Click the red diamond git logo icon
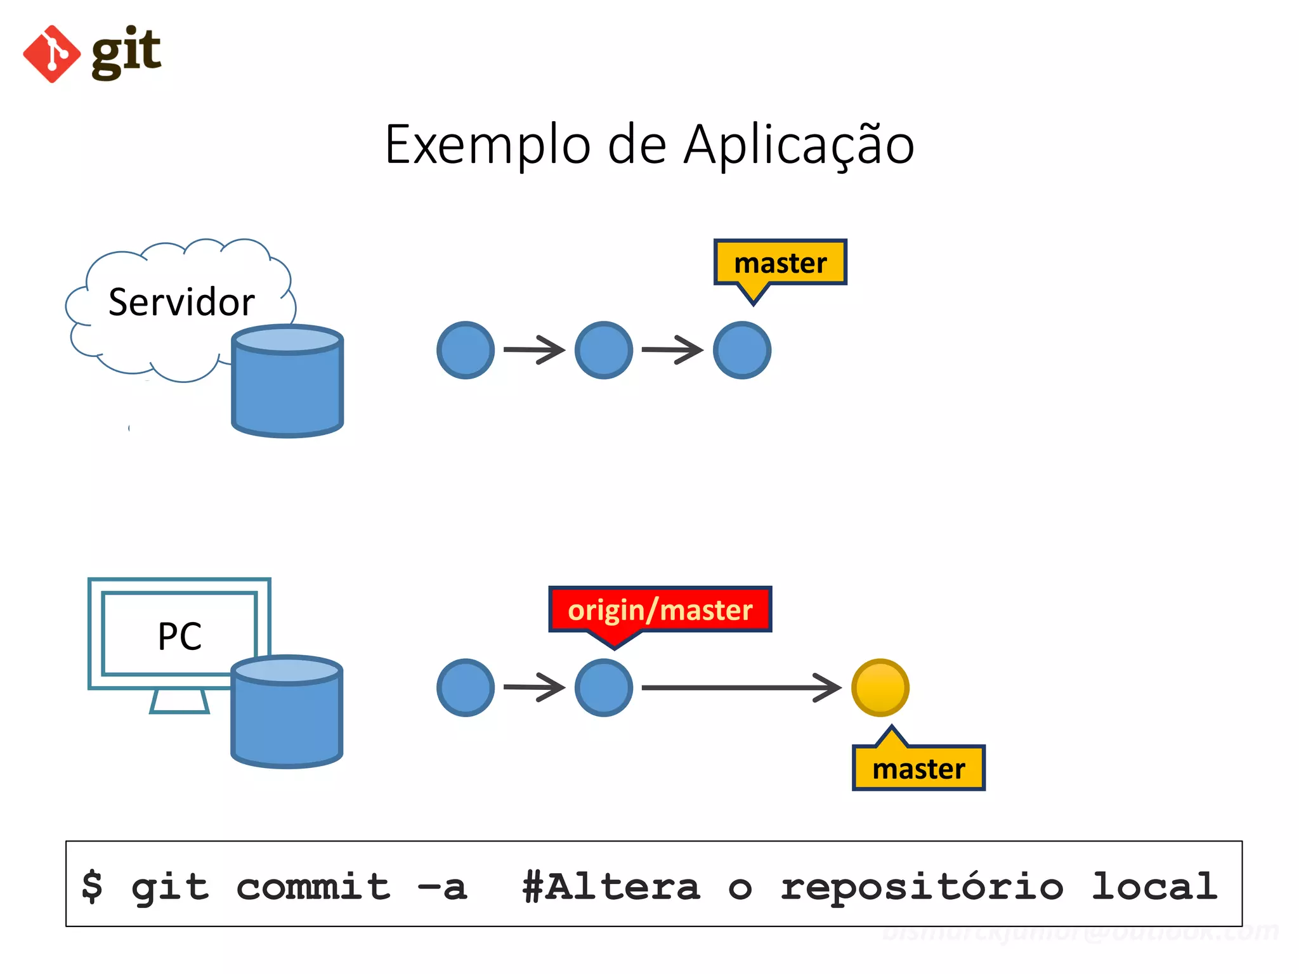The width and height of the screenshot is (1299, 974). pyautogui.click(x=51, y=54)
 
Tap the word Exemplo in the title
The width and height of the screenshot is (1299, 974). pyautogui.click(x=488, y=145)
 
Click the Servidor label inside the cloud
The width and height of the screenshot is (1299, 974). pyautogui.click(x=181, y=302)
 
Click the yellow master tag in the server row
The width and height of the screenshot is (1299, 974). pyautogui.click(x=780, y=263)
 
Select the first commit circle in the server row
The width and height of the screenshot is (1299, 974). pyautogui.click(x=466, y=350)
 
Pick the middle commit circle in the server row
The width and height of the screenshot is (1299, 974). pyautogui.click(x=603, y=350)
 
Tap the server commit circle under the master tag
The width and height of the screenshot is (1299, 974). pyautogui.click(x=741, y=350)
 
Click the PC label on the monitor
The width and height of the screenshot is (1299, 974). pyautogui.click(x=180, y=636)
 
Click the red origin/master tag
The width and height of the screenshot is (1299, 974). pyautogui.click(x=660, y=610)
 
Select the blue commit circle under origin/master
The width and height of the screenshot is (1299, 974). pyautogui.click(x=603, y=688)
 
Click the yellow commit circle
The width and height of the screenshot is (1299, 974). pyautogui.click(x=880, y=688)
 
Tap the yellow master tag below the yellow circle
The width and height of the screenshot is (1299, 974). pyautogui.click(x=918, y=769)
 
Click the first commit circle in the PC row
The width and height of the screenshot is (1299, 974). pyautogui.click(x=466, y=688)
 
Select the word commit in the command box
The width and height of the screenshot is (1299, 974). pyautogui.click(x=313, y=886)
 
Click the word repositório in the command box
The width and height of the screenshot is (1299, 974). pyautogui.click(x=922, y=886)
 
